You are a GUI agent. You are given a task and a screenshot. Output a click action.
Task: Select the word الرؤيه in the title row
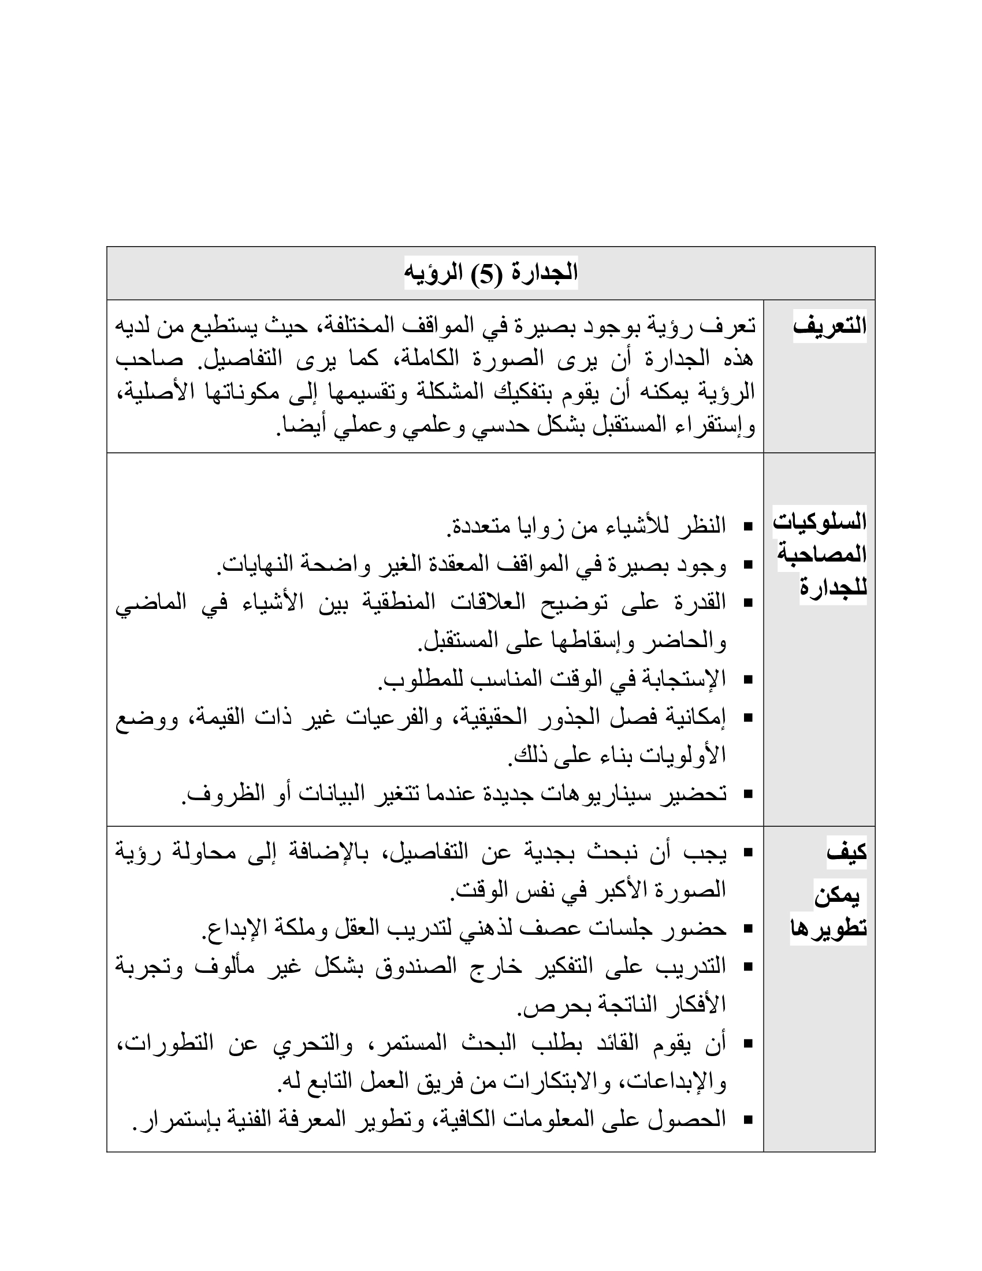click(431, 273)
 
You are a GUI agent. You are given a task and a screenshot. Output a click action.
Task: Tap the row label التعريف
click(830, 326)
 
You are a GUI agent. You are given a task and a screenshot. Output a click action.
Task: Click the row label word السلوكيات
click(819, 522)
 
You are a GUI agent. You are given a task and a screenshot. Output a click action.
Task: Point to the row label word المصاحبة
click(821, 554)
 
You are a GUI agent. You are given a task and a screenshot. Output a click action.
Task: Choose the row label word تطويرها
click(828, 928)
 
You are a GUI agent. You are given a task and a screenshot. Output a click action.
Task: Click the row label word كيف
click(846, 853)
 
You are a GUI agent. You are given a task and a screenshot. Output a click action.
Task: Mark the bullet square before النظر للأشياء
click(748, 527)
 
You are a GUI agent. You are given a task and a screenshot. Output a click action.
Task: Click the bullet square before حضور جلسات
click(748, 930)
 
